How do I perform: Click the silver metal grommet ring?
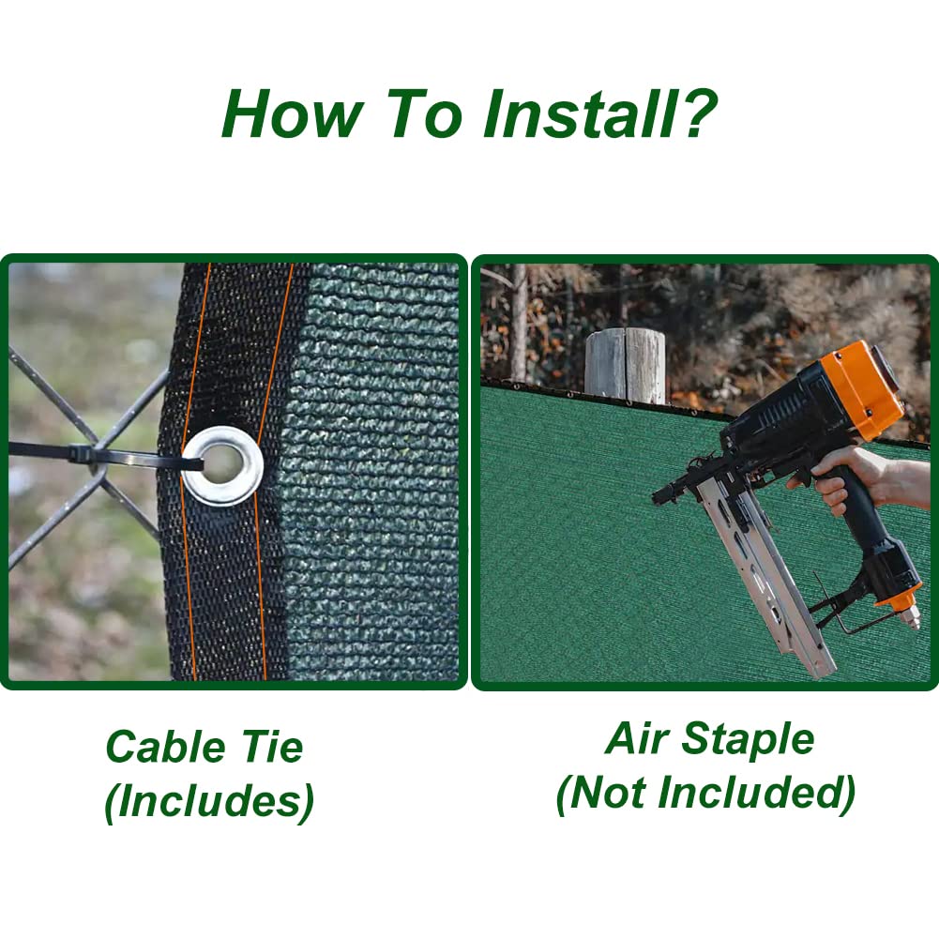tap(222, 465)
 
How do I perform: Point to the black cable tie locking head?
tap(81, 453)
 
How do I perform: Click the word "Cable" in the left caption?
tap(165, 747)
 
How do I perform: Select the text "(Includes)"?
tap(209, 802)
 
